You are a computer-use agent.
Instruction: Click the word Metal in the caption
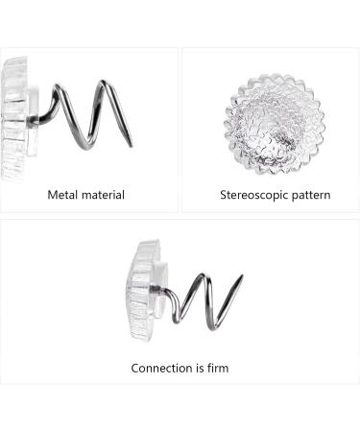pos(63,195)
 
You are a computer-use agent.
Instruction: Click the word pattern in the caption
pos(309,195)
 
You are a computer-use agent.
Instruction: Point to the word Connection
pos(163,368)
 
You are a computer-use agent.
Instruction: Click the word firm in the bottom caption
pos(216,368)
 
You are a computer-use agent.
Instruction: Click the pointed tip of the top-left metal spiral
pos(131,146)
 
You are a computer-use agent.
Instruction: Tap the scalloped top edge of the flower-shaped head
pos(275,74)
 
